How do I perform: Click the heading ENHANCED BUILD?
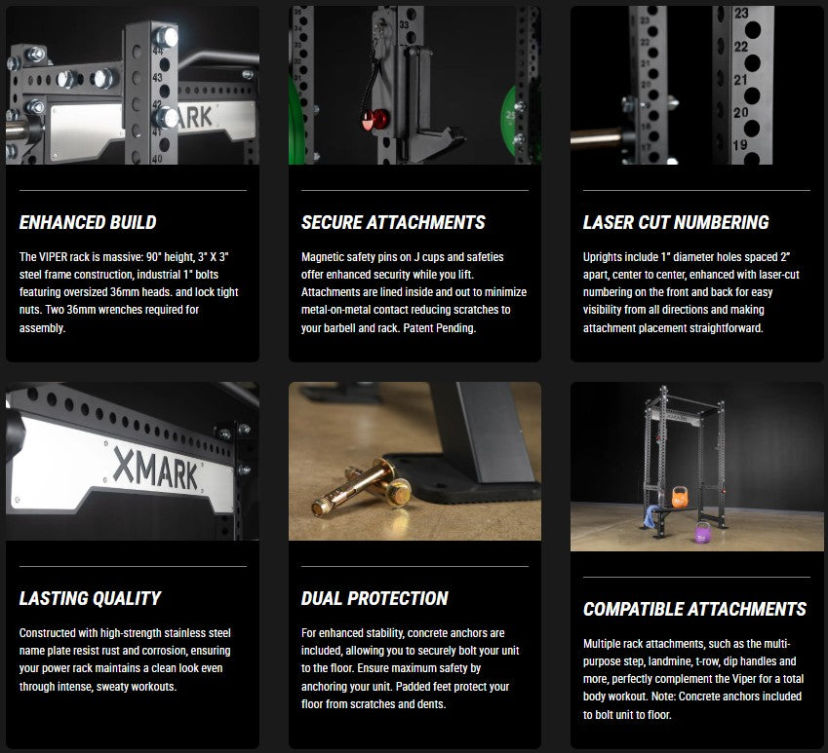coord(88,222)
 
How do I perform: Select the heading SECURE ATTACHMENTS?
coord(393,222)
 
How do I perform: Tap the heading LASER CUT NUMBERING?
coord(676,222)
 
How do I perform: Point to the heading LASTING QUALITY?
coord(91,598)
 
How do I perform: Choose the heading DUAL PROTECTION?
coord(375,598)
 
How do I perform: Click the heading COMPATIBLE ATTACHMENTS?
coord(694,609)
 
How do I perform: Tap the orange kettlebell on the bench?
coord(680,497)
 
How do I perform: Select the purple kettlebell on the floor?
coord(702,533)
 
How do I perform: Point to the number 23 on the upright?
coord(741,14)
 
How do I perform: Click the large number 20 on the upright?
coord(740,112)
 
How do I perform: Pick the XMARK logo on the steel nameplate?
coord(156,469)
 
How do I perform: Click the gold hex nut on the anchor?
coord(399,492)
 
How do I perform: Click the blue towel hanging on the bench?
coord(651,516)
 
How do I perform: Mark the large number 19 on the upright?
coord(740,145)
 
